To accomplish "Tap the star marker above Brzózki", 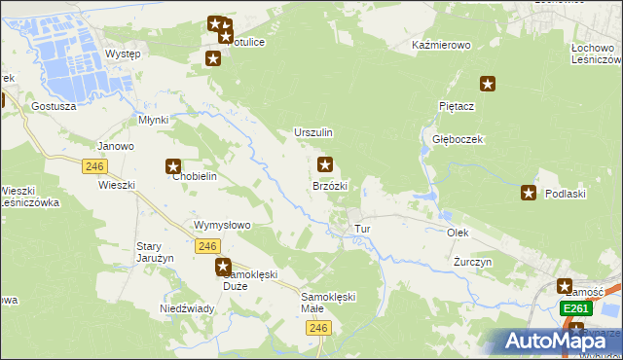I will [x=325, y=165].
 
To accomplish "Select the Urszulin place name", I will [x=313, y=132].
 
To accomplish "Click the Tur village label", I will [x=363, y=229].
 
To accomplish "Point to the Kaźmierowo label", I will [x=441, y=46].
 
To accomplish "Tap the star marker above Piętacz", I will [x=489, y=85].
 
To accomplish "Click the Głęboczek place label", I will [x=458, y=139].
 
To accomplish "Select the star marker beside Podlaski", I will [x=529, y=193].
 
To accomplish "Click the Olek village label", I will [x=458, y=234].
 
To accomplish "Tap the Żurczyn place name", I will [x=473, y=263].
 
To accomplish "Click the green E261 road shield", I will [x=576, y=308].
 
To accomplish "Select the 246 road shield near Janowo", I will [x=94, y=166].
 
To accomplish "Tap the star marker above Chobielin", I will [x=173, y=167].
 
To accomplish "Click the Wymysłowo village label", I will [x=223, y=225].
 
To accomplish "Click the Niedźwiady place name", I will [x=180, y=308].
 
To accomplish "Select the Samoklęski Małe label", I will [x=329, y=303].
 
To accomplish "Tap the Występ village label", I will [x=123, y=54].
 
